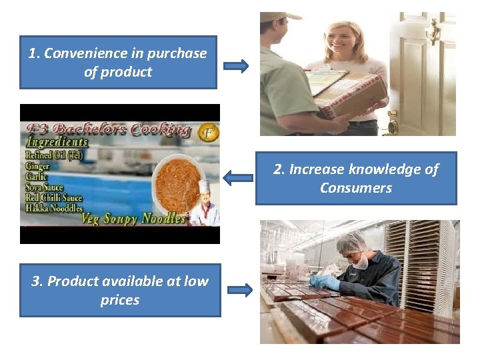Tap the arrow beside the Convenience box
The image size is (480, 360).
click(235, 66)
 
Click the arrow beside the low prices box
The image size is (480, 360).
click(239, 290)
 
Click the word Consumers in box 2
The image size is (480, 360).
click(356, 188)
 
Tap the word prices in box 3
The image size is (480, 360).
click(120, 300)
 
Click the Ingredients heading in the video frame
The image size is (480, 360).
click(57, 141)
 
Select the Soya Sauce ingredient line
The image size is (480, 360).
click(45, 188)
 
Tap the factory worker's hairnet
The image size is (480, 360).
click(351, 241)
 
